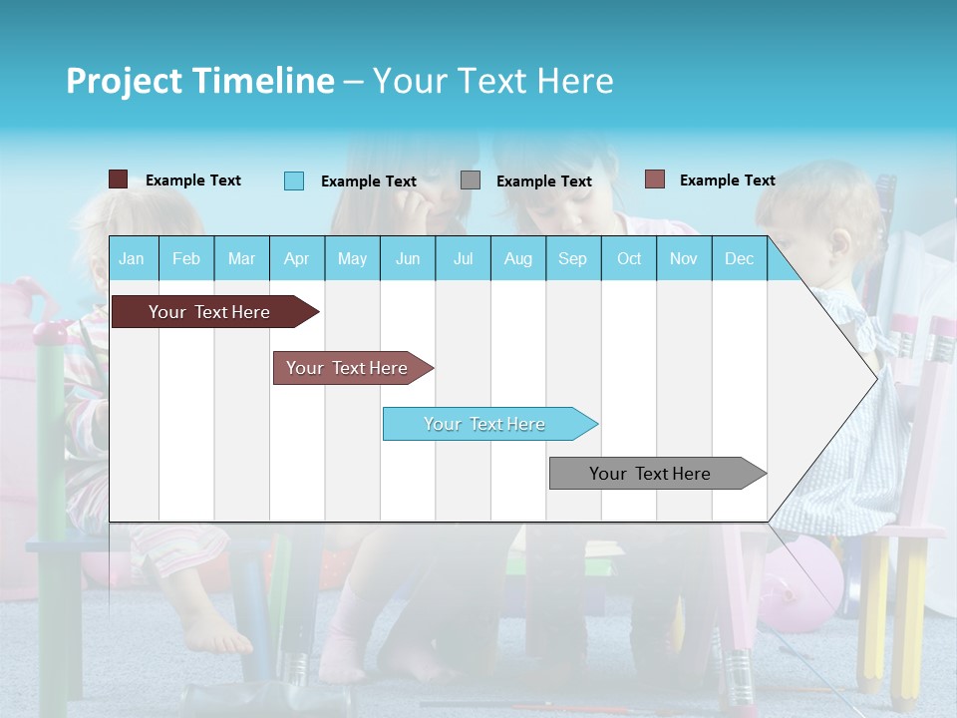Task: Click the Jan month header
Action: [x=132, y=258]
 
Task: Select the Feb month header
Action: [x=186, y=258]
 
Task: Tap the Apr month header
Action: [x=296, y=258]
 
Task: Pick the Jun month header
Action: [x=408, y=258]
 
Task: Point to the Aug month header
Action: [x=517, y=258]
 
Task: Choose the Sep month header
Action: [x=572, y=258]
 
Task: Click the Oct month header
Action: [x=629, y=258]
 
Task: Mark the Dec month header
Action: [x=739, y=258]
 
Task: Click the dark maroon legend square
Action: [x=118, y=179]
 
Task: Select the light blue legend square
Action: [x=294, y=180]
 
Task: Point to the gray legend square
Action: [x=471, y=180]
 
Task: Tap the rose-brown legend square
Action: [x=655, y=179]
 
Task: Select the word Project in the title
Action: [x=124, y=81]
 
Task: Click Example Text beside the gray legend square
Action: [x=543, y=181]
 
